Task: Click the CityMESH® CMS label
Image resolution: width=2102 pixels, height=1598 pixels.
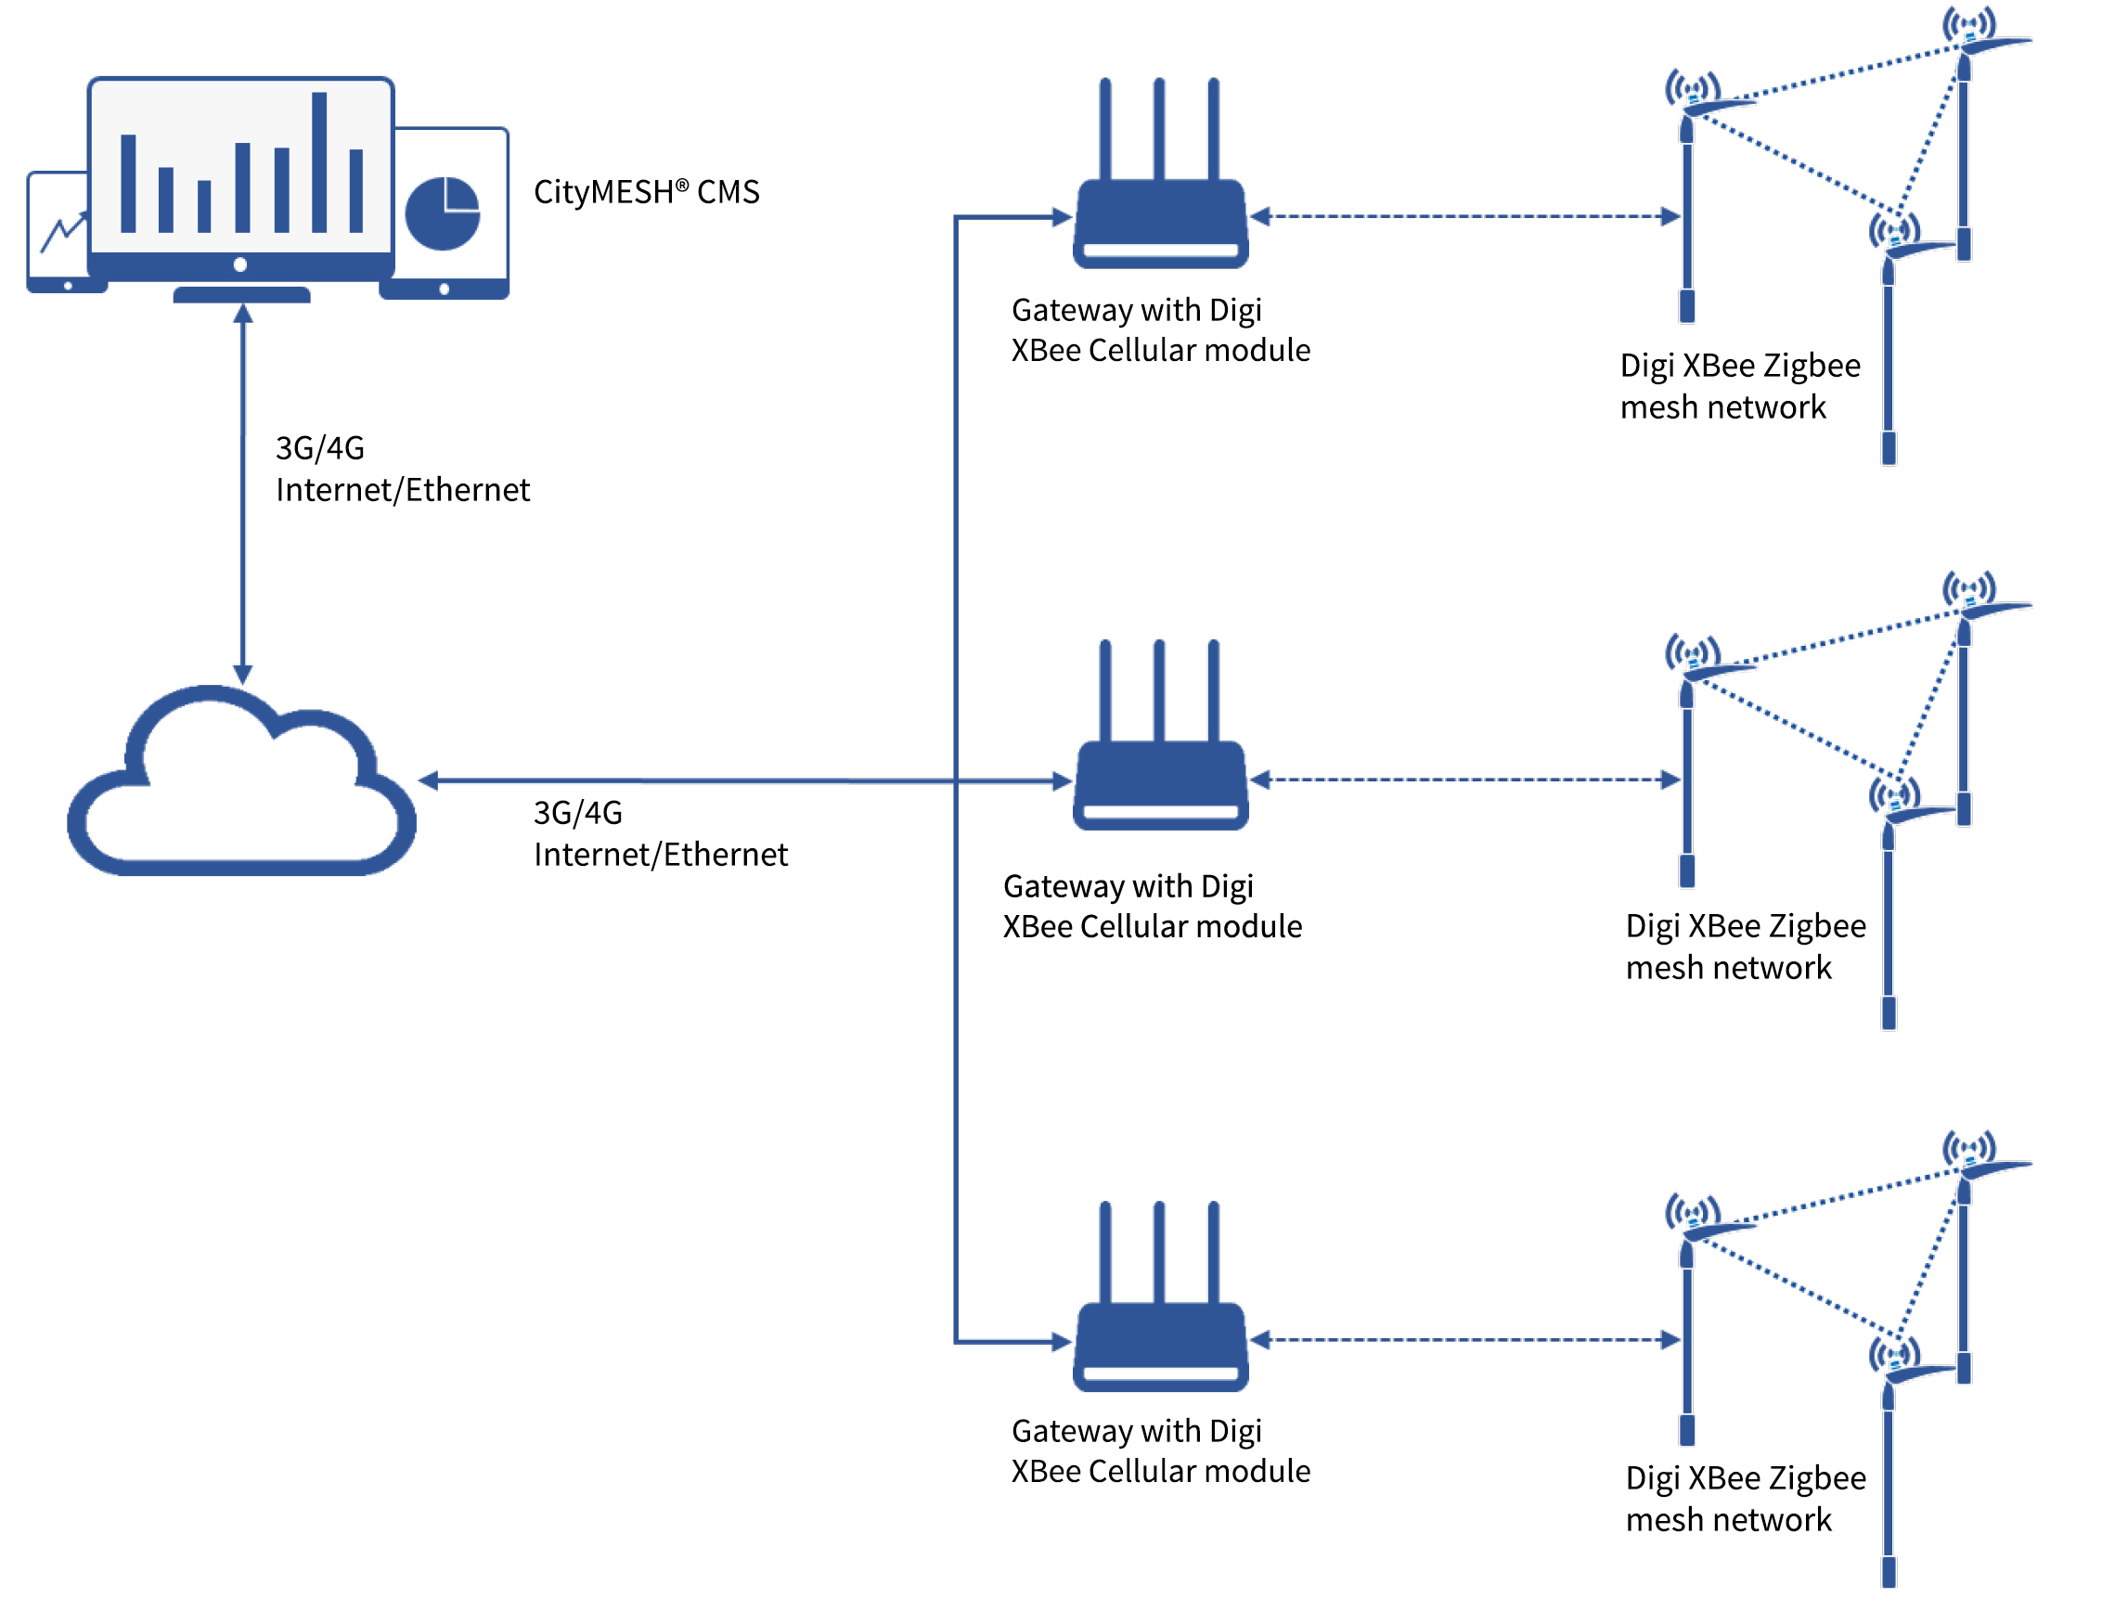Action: [646, 192]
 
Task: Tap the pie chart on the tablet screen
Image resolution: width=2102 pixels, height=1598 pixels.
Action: [443, 213]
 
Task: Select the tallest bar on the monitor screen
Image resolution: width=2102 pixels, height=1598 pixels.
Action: [319, 161]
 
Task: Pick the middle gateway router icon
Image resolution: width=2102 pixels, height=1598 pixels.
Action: [1159, 782]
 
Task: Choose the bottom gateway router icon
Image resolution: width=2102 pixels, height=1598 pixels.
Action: [1159, 1343]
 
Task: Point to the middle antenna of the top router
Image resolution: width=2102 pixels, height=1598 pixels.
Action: [1158, 128]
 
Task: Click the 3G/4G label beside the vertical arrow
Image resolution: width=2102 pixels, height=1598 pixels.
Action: [319, 448]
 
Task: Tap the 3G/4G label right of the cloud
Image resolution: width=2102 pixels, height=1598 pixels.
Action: [577, 813]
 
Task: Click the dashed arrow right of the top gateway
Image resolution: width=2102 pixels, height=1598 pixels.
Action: [1464, 217]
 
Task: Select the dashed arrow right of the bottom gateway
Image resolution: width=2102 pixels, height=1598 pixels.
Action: [1464, 1340]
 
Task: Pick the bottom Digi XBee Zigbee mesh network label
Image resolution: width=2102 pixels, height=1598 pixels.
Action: [1745, 1499]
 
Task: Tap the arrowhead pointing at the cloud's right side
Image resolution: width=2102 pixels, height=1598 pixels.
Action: [429, 781]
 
